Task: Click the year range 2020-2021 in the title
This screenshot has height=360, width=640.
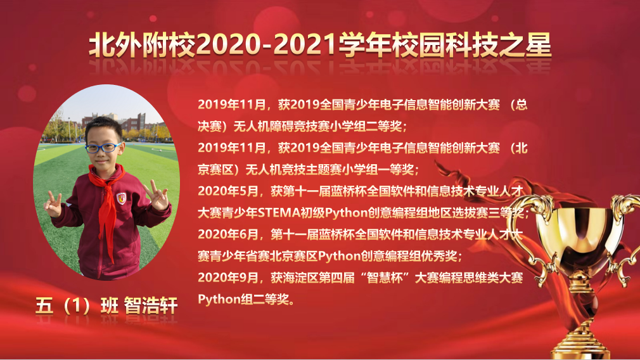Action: [x=267, y=44]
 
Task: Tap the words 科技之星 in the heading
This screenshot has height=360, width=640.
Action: [x=498, y=44]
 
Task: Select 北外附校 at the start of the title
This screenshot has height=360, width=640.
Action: [x=143, y=44]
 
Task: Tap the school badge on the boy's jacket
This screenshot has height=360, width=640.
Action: [x=121, y=198]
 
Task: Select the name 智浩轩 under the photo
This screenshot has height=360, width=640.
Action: [x=151, y=305]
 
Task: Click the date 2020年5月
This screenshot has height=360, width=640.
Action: [x=228, y=191]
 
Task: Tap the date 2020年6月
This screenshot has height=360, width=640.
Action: [x=228, y=235]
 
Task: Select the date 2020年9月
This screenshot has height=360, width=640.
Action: [x=228, y=278]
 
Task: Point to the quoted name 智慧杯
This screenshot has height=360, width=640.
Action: [x=384, y=278]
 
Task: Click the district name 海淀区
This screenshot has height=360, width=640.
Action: [x=300, y=278]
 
